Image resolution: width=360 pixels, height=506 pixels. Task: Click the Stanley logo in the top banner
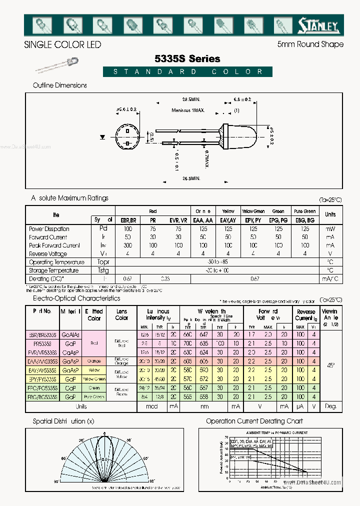click(318, 25)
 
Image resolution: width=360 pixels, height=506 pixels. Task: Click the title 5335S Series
click(188, 58)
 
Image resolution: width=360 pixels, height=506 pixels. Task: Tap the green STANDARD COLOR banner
click(188, 71)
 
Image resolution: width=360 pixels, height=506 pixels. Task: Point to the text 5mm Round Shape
click(310, 44)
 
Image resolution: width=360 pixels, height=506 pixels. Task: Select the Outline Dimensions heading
click(60, 85)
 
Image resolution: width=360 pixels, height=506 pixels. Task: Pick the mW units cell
click(330, 228)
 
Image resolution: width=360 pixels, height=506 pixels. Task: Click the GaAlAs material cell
click(70, 334)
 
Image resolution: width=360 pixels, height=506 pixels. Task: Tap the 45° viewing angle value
click(330, 366)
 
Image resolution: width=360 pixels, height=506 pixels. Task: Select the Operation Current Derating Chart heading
click(254, 421)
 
